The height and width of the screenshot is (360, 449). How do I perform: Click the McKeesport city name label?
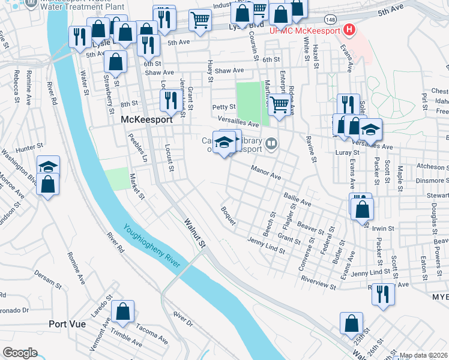click(x=147, y=119)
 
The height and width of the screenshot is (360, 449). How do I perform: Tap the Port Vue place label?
click(x=67, y=324)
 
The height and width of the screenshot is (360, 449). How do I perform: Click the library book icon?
click(x=272, y=143)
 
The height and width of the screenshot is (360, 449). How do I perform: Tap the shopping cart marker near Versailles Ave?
click(x=279, y=104)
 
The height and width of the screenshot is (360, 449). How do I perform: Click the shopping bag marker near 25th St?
click(x=351, y=323)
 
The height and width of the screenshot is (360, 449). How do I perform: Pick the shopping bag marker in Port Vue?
click(x=123, y=311)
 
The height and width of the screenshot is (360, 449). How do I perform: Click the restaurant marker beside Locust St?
click(x=170, y=100)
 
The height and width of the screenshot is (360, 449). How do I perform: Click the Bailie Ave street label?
click(x=298, y=201)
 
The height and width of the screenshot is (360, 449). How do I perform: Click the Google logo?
click(x=20, y=353)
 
